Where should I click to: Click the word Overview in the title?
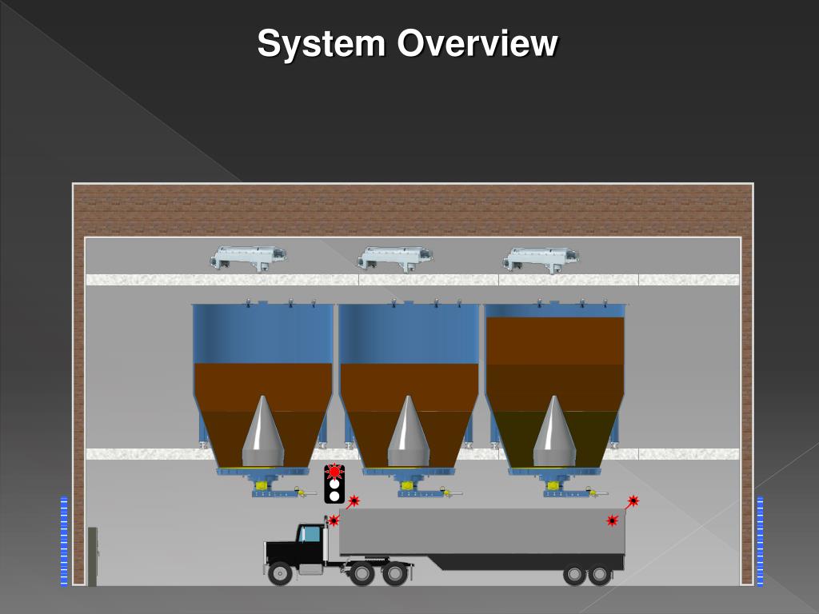coord(477,43)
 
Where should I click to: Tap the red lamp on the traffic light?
coord(334,472)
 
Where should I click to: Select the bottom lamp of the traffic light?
coord(334,496)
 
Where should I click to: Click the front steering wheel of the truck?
coord(280,572)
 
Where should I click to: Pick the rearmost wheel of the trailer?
coord(600,574)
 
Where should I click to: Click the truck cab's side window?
coord(310,534)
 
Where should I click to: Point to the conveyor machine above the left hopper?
coord(249,257)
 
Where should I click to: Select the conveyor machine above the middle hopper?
coord(395,257)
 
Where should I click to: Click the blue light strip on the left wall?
coord(64,541)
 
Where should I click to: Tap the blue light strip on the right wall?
coord(760,541)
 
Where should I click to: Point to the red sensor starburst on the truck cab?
coord(334,520)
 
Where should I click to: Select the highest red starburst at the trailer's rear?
coord(633,501)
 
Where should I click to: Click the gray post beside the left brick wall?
coord(92,556)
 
